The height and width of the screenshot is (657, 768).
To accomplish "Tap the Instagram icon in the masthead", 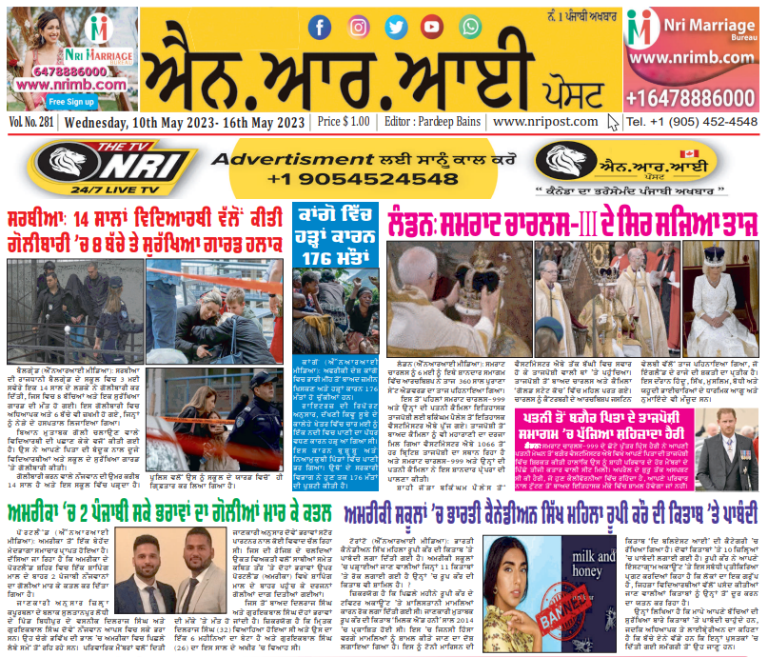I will pyautogui.click(x=359, y=27).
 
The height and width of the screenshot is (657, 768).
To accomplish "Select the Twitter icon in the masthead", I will pyautogui.click(x=395, y=27).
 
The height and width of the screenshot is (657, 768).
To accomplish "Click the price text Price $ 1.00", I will pyautogui.click(x=344, y=123).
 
